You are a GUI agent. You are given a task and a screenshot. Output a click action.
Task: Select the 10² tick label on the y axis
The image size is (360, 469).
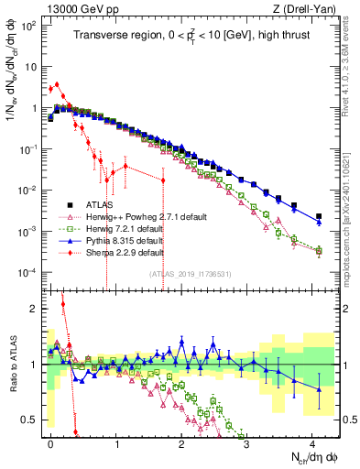[28, 25]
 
